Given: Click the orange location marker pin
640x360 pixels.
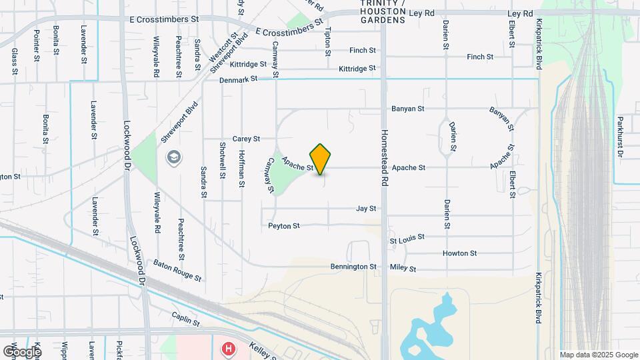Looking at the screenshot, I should [321, 159].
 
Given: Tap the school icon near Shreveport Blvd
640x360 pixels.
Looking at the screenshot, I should [174, 157].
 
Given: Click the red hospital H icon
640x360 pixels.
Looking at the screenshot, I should [229, 349].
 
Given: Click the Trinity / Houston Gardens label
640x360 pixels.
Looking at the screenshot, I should [383, 12].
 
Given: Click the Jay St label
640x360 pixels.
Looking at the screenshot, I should [366, 209].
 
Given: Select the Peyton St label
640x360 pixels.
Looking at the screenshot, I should [284, 226].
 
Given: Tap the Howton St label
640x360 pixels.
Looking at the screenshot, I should [459, 253].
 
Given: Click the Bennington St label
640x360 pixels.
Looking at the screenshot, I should [354, 267].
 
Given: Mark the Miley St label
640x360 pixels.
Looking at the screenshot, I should [403, 269].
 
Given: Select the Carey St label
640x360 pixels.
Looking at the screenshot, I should [246, 139].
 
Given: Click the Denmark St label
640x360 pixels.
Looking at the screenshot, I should [238, 79].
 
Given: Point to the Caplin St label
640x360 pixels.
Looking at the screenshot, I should [185, 321].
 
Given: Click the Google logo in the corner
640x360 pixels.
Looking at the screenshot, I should [22, 351].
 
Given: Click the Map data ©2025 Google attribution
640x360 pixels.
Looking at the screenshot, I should [598, 355].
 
